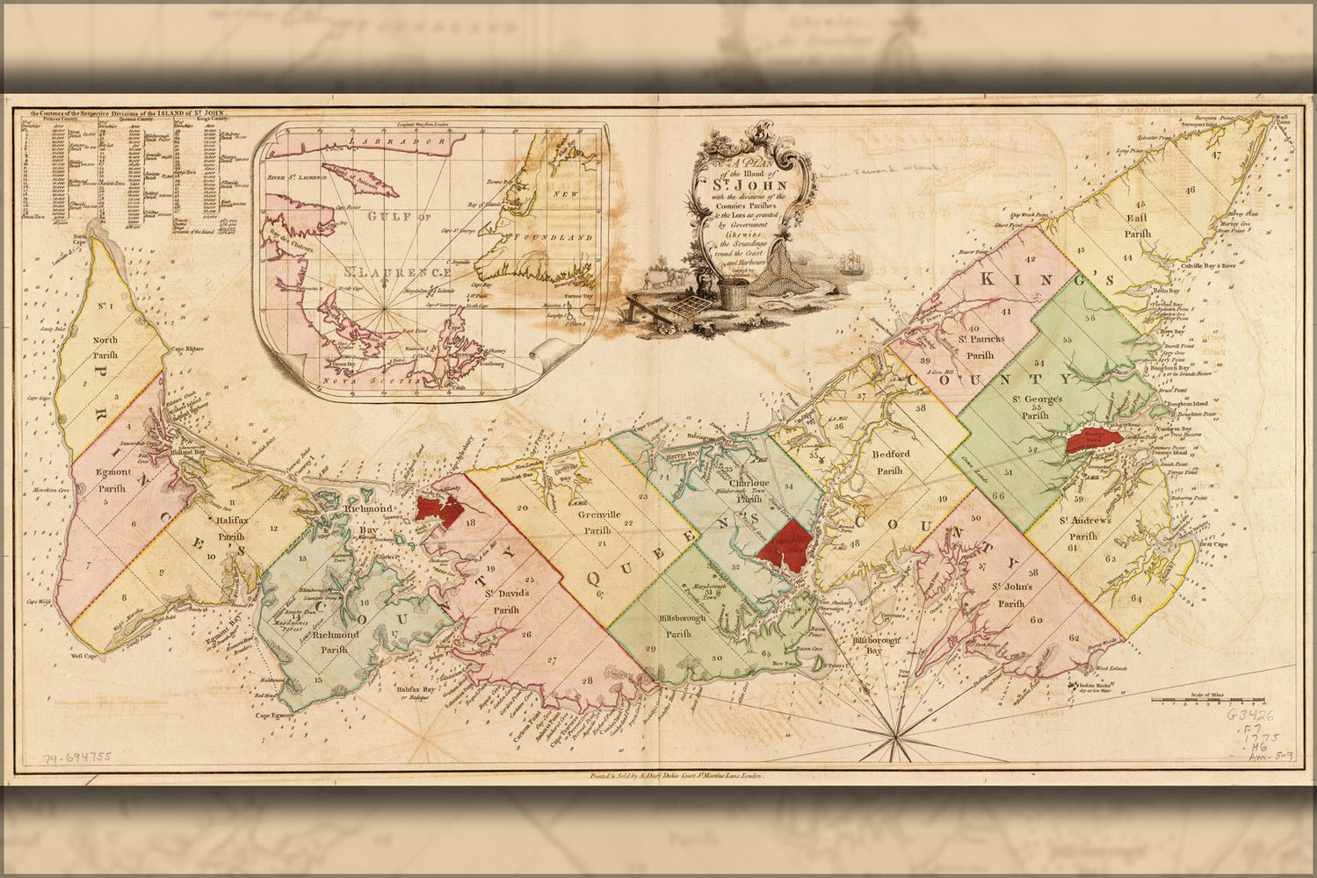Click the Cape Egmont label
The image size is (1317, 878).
(x=273, y=716)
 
